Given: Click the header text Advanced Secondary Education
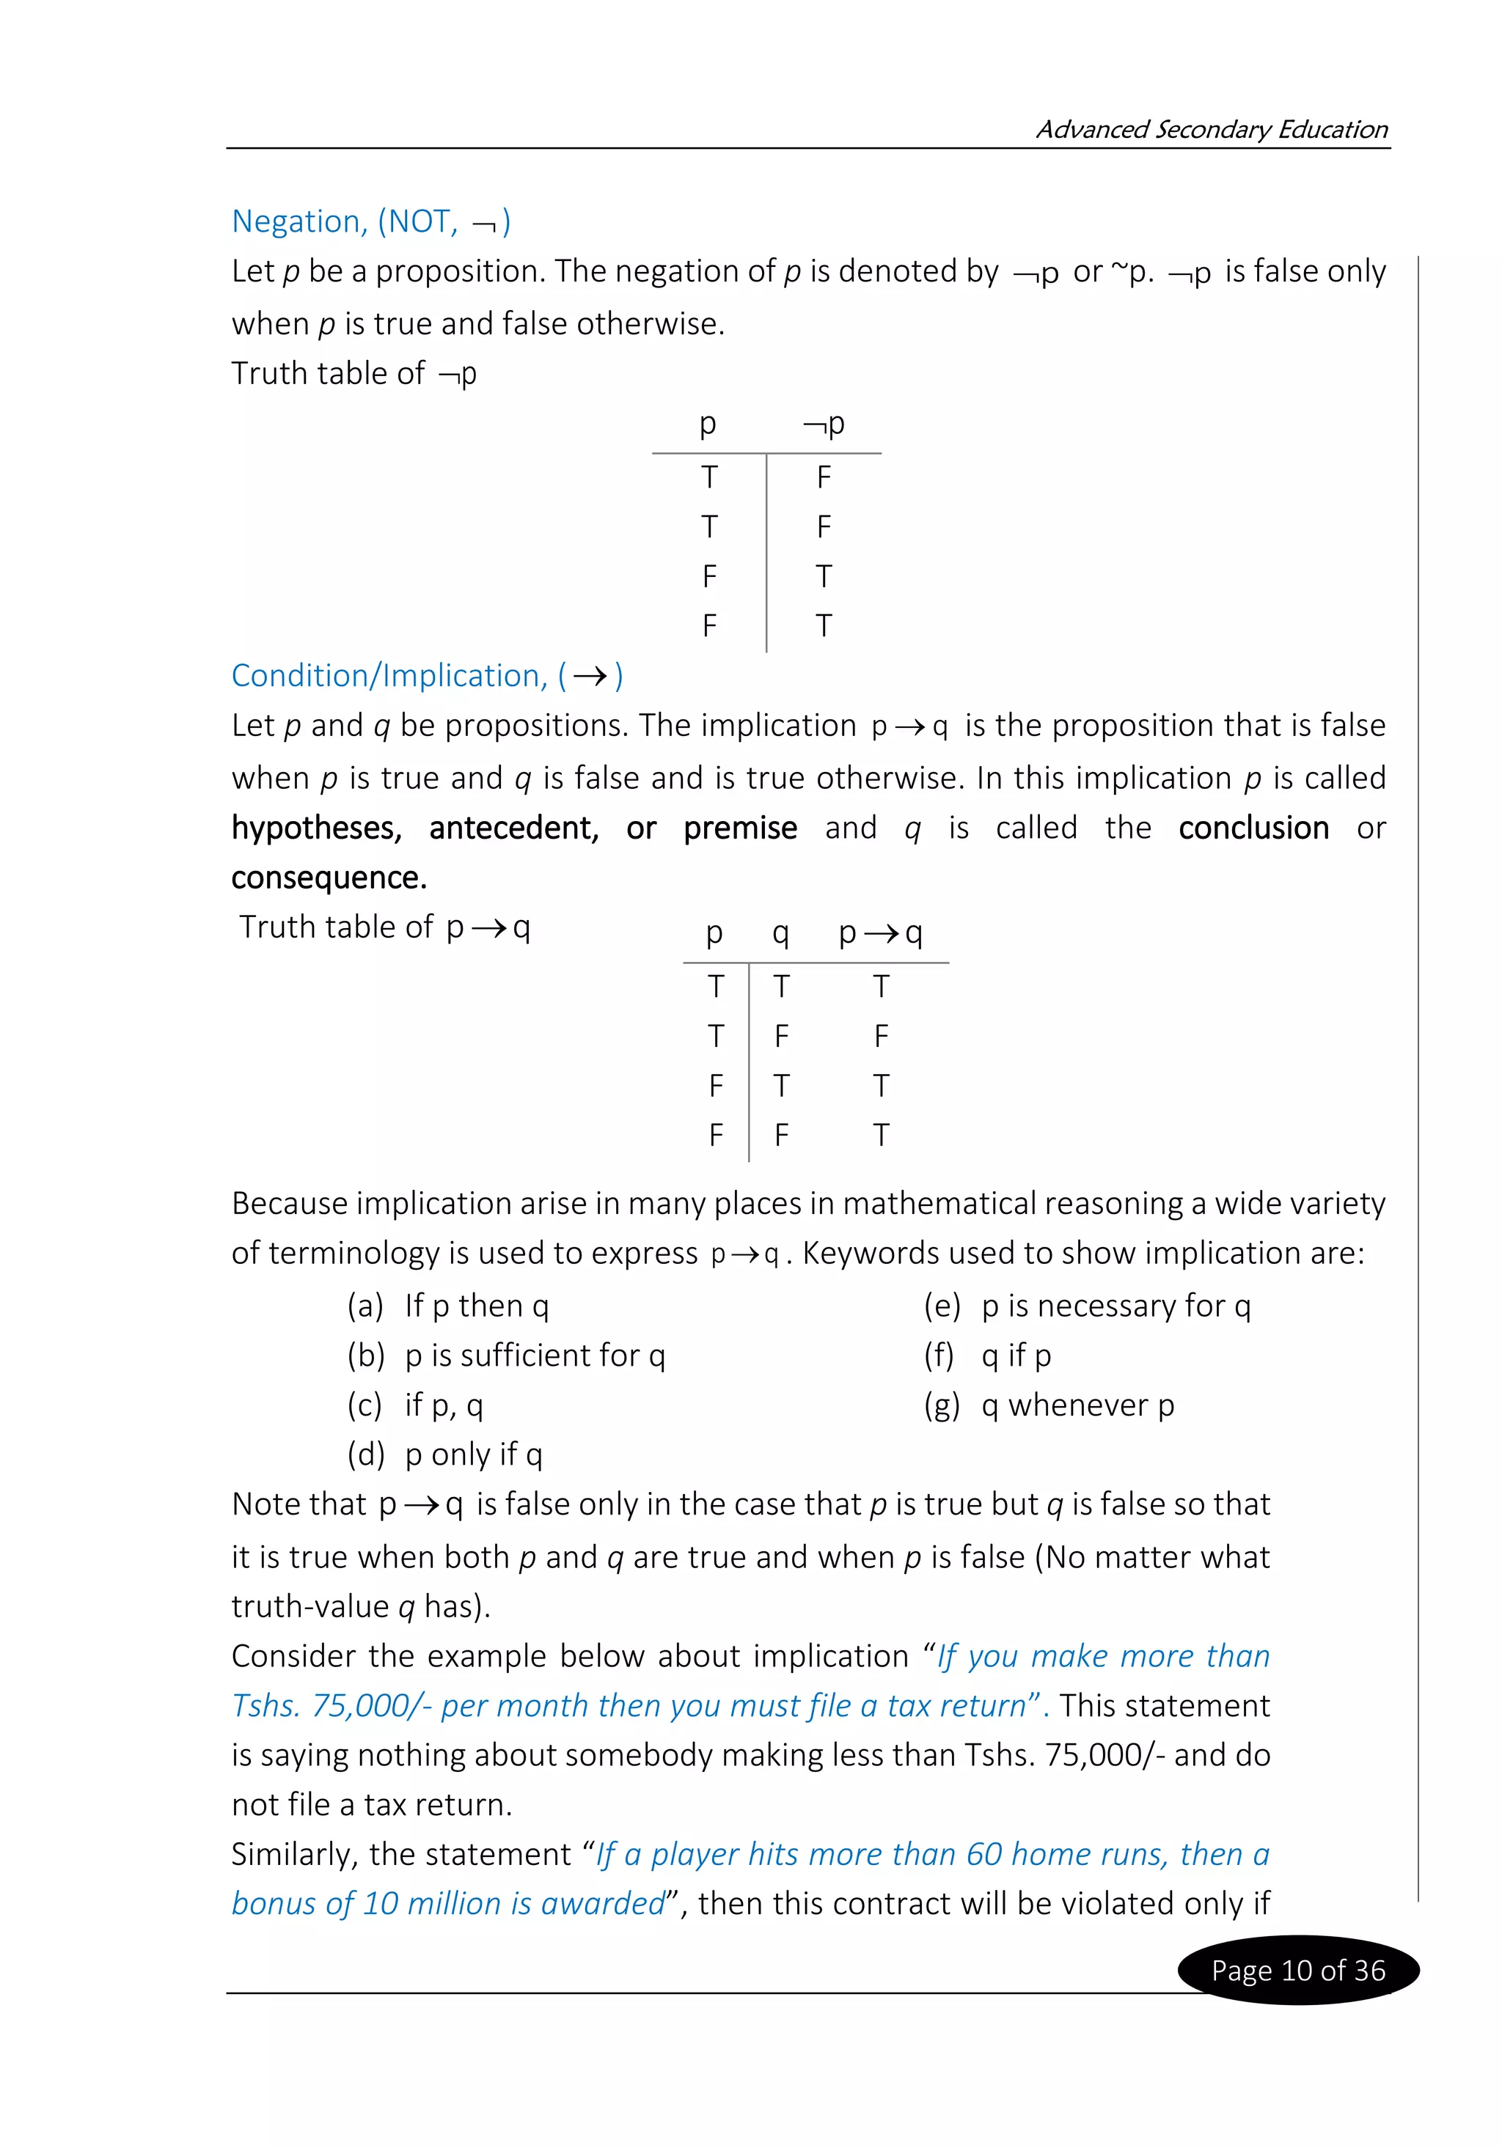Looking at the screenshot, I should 1211,129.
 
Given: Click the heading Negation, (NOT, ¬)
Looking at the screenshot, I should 370,221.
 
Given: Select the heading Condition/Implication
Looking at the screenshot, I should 426,675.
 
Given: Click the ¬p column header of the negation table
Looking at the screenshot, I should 824,424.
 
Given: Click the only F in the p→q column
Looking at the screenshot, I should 881,1036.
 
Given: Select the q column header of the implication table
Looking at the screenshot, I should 780,933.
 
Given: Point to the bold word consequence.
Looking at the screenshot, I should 329,878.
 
